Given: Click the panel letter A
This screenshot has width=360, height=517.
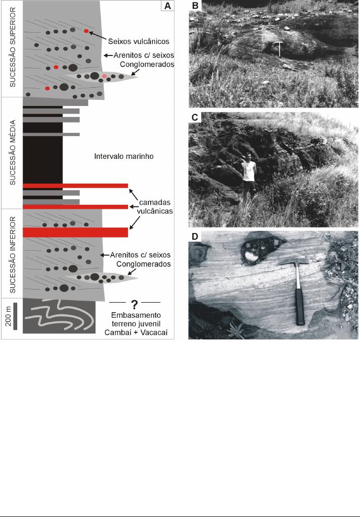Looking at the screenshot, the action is [x=167, y=6].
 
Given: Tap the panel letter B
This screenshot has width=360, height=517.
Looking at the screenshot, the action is [x=195, y=5].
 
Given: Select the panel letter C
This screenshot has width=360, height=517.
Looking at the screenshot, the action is [x=195, y=118].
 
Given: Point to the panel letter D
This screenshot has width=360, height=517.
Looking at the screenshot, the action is [x=195, y=237].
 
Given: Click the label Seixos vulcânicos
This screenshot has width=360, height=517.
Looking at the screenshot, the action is [x=139, y=41].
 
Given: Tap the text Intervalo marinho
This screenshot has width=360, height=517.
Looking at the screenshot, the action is [x=124, y=156].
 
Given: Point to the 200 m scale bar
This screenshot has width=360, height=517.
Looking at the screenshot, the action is [x=15, y=316].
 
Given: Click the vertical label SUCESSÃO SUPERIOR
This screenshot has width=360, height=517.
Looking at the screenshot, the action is [x=13, y=47].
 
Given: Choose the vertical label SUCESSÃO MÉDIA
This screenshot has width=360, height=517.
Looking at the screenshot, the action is [x=13, y=152].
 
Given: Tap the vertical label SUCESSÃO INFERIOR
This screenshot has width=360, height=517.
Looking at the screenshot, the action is [x=13, y=255].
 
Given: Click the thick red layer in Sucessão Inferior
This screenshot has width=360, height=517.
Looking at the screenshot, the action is [x=76, y=233].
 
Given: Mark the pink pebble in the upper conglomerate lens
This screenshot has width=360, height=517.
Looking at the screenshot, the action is [x=104, y=76].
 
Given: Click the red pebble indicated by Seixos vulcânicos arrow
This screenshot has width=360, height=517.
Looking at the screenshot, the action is [x=86, y=31].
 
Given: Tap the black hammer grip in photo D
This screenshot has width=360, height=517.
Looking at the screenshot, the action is [x=300, y=307].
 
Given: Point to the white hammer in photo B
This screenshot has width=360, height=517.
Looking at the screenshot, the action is [x=278, y=49].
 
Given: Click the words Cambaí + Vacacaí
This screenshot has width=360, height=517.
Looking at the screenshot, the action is [x=136, y=332].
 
